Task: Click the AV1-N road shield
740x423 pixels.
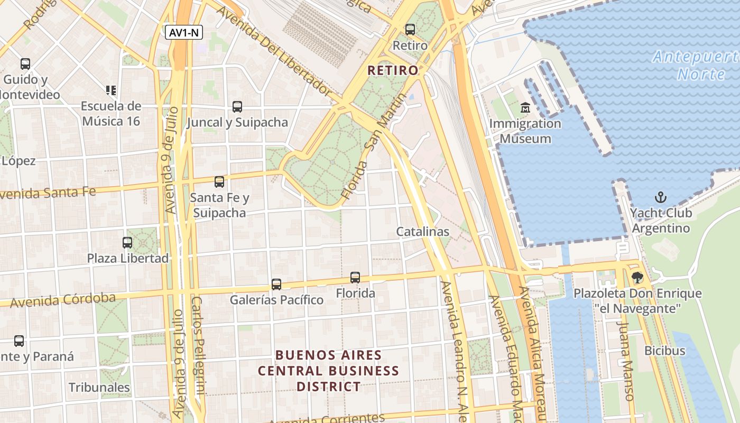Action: pyautogui.click(x=183, y=33)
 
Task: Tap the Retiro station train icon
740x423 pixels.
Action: pyautogui.click(x=410, y=30)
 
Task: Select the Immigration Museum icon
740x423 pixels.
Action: pyautogui.click(x=525, y=108)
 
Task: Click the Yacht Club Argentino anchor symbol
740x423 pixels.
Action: pyautogui.click(x=661, y=198)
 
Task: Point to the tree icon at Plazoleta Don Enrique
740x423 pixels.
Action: pyautogui.click(x=637, y=277)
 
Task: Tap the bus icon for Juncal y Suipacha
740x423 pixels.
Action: pyautogui.click(x=237, y=107)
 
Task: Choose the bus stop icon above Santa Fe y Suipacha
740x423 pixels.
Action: pyautogui.click(x=219, y=182)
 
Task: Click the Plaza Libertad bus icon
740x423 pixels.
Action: pyautogui.click(x=127, y=243)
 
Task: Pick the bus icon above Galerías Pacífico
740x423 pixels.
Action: pyautogui.click(x=276, y=284)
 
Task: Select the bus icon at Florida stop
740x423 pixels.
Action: pyautogui.click(x=355, y=278)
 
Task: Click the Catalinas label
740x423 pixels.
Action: pyautogui.click(x=423, y=232)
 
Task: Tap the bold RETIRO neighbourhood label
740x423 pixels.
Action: pyautogui.click(x=393, y=70)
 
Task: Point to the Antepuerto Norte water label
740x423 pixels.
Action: pyautogui.click(x=695, y=65)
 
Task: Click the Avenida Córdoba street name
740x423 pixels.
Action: pyautogui.click(x=62, y=300)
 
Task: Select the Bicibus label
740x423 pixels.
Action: pyautogui.click(x=664, y=351)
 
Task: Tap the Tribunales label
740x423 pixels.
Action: pyautogui.click(x=99, y=387)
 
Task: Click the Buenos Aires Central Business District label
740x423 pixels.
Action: pyautogui.click(x=328, y=370)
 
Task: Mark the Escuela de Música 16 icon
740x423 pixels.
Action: pyautogui.click(x=111, y=90)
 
